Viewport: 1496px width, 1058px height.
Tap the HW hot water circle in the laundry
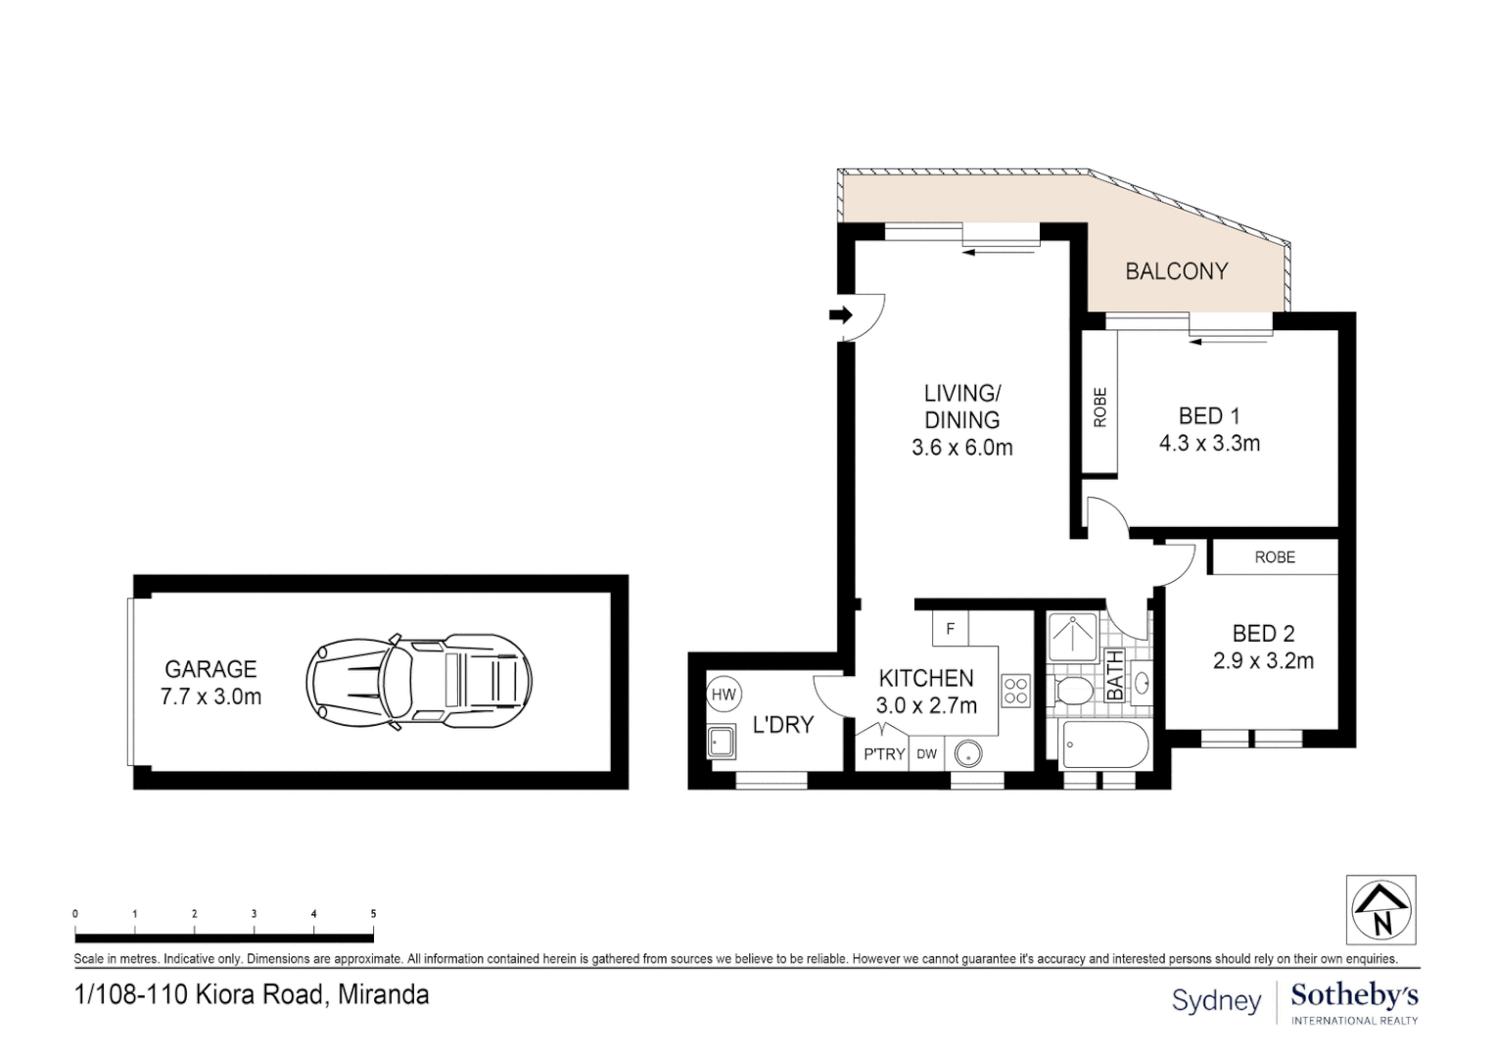724,695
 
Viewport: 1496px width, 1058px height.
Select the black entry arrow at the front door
840,314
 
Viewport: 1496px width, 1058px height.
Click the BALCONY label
1176,271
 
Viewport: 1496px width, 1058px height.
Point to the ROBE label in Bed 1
1099,407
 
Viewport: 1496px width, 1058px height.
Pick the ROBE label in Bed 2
1274,556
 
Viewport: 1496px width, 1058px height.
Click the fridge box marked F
950,629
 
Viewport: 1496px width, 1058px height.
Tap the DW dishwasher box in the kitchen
926,754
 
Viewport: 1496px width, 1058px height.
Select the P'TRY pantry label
883,754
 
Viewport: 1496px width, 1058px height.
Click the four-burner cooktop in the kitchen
1015,691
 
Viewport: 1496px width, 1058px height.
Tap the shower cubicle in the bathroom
1073,637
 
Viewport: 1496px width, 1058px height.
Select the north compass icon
1381,909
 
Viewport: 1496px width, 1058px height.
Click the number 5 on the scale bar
373,914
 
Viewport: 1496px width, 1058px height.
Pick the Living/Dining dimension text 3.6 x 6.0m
961,448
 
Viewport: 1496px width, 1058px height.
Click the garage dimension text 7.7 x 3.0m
210,697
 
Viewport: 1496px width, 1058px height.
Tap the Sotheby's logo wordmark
1354,996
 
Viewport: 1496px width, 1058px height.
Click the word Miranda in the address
384,995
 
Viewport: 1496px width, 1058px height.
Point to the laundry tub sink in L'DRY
723,742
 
